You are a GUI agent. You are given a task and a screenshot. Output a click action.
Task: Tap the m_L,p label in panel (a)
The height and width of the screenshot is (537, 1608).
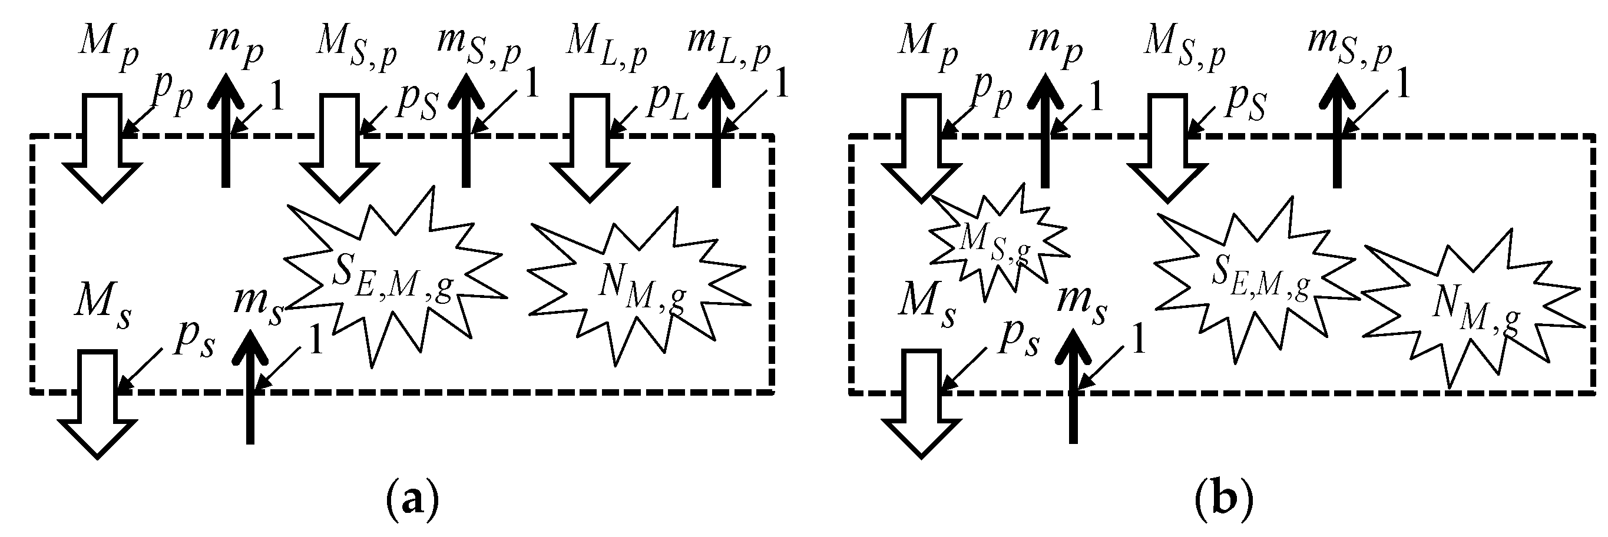click(729, 49)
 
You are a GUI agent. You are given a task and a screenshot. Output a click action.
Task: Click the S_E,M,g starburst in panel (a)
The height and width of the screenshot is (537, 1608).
click(392, 277)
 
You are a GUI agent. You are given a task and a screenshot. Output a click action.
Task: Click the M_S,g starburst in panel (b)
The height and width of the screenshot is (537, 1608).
click(992, 246)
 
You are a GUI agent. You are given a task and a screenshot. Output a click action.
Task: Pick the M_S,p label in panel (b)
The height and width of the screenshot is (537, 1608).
click(1183, 49)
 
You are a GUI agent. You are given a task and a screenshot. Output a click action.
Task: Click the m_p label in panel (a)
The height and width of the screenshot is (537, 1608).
click(236, 49)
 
